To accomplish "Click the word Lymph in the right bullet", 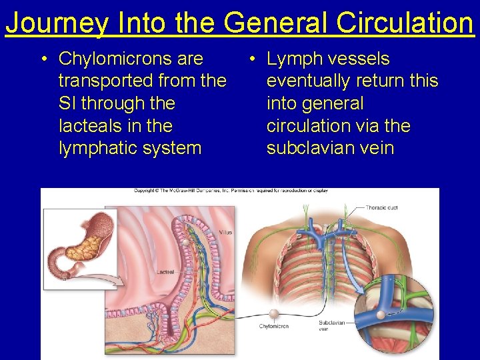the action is [294, 59].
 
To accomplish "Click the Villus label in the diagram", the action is [225, 233].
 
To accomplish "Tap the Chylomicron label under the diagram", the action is [273, 326].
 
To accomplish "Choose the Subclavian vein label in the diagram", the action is [331, 324].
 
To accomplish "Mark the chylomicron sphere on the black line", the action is [273, 313].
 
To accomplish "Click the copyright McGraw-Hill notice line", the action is [231, 191].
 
